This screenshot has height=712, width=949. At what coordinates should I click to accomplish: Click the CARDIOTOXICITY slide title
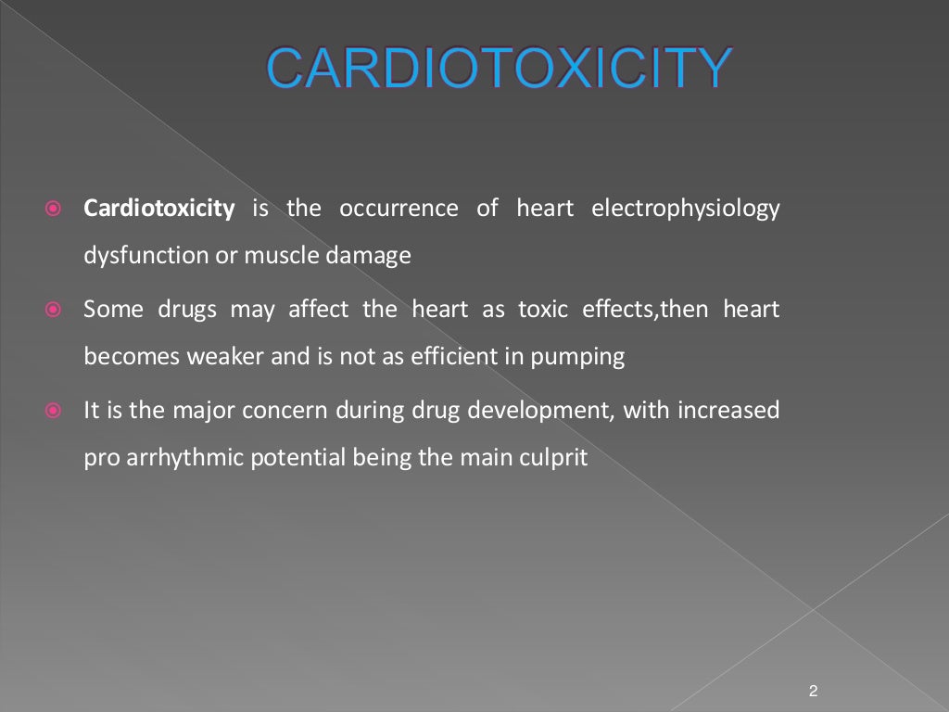[499, 67]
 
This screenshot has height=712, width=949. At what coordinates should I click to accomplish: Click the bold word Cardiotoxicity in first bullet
[158, 209]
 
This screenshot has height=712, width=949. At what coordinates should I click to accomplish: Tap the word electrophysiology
[685, 209]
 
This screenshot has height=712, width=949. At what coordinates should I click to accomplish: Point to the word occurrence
[399, 209]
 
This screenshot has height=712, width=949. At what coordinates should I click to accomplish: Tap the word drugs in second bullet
[185, 309]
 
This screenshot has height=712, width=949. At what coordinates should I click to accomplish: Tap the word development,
[542, 410]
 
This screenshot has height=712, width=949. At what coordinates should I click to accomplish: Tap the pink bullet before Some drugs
[54, 310]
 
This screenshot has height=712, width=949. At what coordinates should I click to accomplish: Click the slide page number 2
[813, 691]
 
